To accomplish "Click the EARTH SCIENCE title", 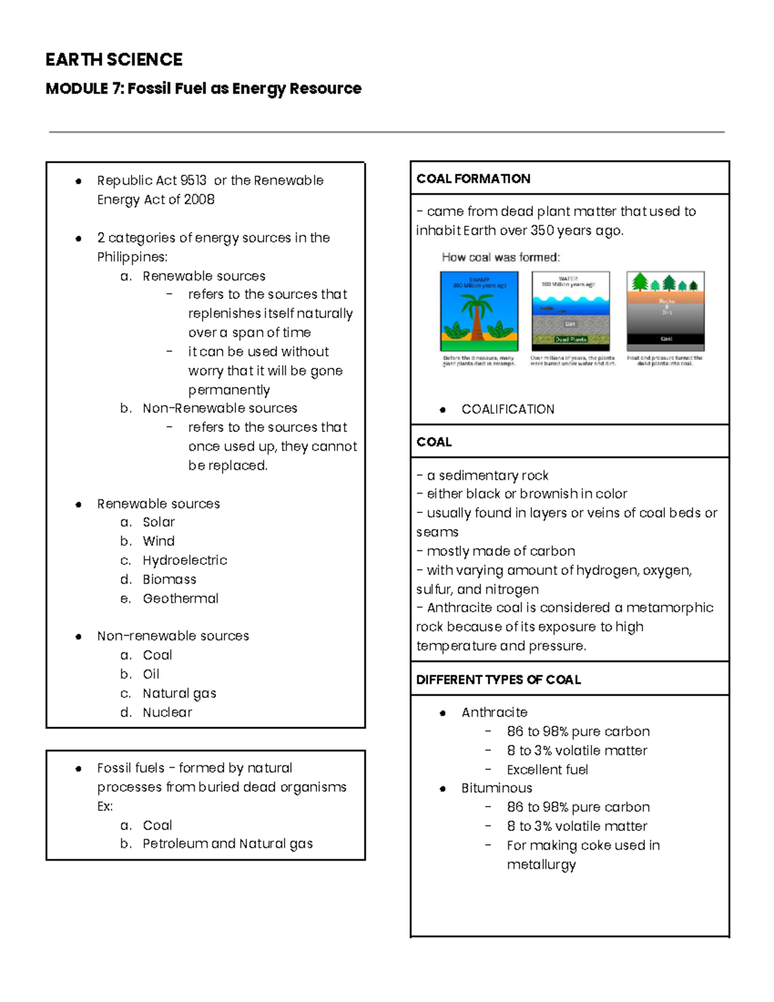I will pyautogui.click(x=114, y=59).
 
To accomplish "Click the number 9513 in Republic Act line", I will pyautogui.click(x=193, y=180).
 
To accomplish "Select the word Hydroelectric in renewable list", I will pyautogui.click(x=184, y=560).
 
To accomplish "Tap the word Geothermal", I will pyautogui.click(x=180, y=598).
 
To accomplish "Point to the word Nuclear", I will pyautogui.click(x=167, y=712).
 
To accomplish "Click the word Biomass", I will pyautogui.click(x=169, y=579).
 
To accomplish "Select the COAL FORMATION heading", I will pyautogui.click(x=473, y=179).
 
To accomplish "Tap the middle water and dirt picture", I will pyautogui.click(x=570, y=311).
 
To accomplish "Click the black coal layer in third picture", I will pyautogui.click(x=666, y=339).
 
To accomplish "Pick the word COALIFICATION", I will pyautogui.click(x=508, y=409).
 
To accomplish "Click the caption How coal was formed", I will pyautogui.click(x=501, y=257).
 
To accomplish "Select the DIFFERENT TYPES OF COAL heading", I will pyautogui.click(x=498, y=679).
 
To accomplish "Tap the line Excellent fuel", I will pyautogui.click(x=547, y=769).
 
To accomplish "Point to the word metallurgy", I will pyautogui.click(x=541, y=865).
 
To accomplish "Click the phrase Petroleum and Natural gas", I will pyautogui.click(x=227, y=843).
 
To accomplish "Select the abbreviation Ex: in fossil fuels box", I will pyautogui.click(x=104, y=806).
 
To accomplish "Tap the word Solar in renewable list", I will pyautogui.click(x=158, y=522).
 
